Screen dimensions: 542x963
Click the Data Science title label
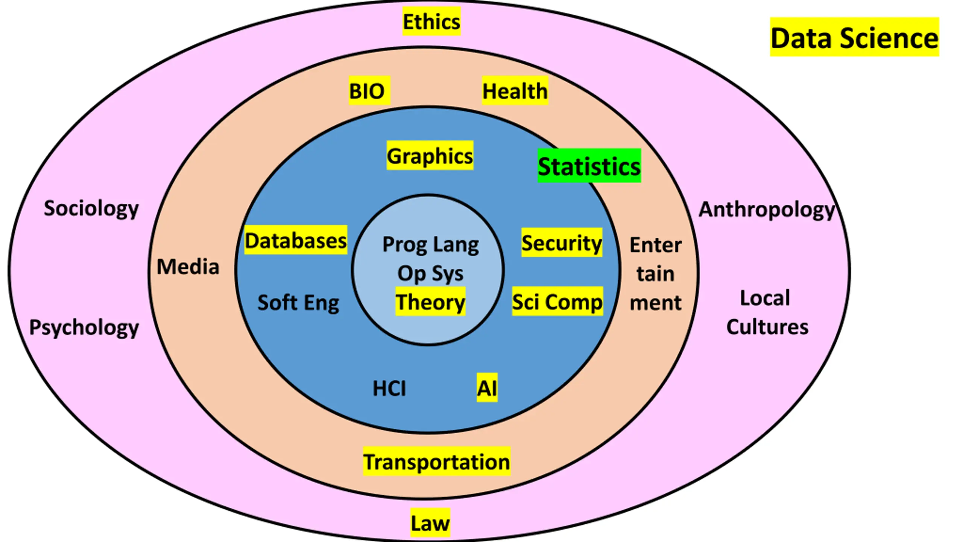click(854, 38)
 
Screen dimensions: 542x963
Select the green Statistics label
click(589, 166)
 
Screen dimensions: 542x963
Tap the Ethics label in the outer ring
click(431, 21)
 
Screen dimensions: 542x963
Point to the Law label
click(430, 523)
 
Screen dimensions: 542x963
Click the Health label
click(515, 91)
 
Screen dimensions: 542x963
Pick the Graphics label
click(430, 156)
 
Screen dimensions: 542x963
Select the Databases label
click(296, 240)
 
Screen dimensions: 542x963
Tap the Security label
click(562, 243)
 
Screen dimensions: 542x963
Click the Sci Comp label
click(557, 302)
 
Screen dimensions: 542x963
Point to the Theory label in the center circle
click(430, 301)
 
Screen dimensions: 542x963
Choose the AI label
click(487, 388)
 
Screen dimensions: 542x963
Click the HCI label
click(389, 388)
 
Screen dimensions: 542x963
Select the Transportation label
click(437, 461)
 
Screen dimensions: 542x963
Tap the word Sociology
click(91, 208)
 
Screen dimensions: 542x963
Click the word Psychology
click(84, 327)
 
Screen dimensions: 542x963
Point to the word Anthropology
click(767, 209)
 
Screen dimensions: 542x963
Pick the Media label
click(188, 266)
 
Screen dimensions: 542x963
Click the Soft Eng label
click(298, 302)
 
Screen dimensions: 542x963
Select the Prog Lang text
click(431, 245)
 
